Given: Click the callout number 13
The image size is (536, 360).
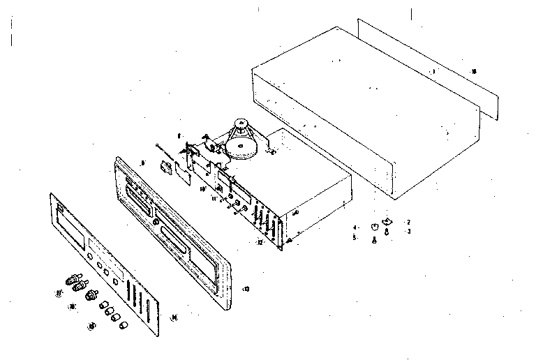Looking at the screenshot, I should point(246,288).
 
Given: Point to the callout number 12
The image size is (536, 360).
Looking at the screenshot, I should point(259,242).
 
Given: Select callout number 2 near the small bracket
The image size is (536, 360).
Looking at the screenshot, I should point(408,222).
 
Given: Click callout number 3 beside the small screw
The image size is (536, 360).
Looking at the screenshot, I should point(408,231).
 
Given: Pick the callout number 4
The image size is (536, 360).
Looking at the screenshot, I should point(355,227).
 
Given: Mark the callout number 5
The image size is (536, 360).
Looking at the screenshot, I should point(355,238).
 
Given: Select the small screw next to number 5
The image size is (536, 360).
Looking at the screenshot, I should point(373,240).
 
